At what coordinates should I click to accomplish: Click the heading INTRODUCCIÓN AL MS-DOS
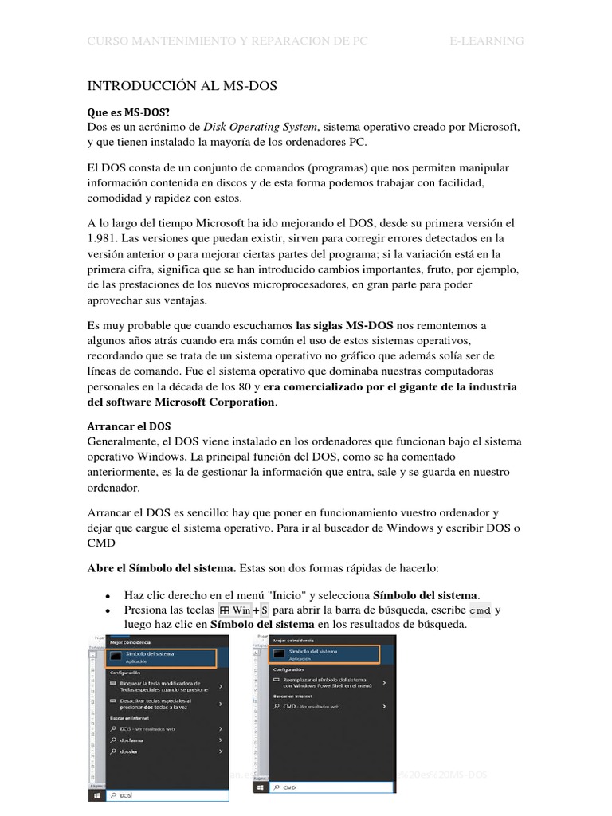point(182,86)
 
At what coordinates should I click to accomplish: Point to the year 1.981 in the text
point(103,237)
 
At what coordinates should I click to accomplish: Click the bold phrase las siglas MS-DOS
point(344,325)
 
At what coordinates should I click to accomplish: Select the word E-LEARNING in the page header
point(487,41)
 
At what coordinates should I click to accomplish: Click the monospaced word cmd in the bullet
point(480,611)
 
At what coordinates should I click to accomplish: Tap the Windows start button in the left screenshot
point(96,795)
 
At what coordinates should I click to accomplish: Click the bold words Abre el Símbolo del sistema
point(161,569)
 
